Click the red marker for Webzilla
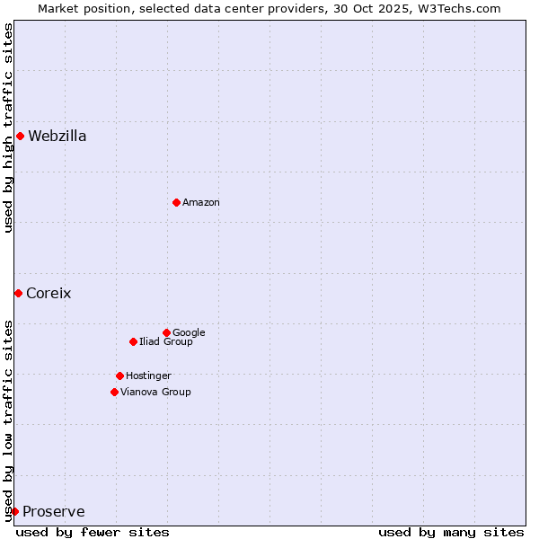[20, 137]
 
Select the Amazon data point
[176, 202]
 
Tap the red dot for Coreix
[18, 293]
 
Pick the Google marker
[166, 332]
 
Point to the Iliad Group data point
[133, 341]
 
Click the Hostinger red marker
[119, 376]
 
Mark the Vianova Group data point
[114, 392]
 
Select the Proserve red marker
[14, 511]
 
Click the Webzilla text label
[57, 137]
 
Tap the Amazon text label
[201, 203]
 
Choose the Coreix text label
[49, 294]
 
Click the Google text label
[189, 333]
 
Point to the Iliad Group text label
[166, 342]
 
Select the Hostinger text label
[148, 376]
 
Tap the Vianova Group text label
[155, 393]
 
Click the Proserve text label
[54, 512]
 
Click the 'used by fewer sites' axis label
[93, 532]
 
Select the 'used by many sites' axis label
[451, 532]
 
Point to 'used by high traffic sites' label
[8, 128]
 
